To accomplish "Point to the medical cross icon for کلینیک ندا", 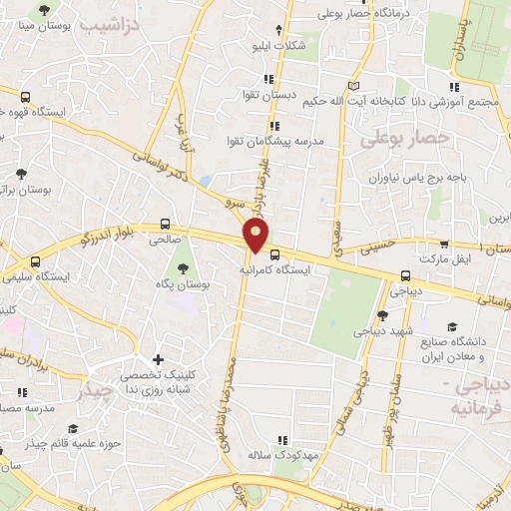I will tap(157, 359).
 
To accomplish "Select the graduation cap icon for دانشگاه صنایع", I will tap(452, 327).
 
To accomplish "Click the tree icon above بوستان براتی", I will tap(21, 173).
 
